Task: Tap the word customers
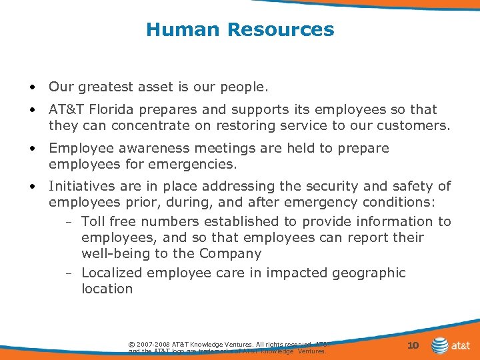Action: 411,125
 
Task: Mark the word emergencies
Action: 199,164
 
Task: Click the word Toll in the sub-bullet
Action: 93,221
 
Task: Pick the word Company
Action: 234,254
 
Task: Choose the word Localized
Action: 111,273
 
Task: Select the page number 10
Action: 413,345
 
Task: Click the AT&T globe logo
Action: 440,345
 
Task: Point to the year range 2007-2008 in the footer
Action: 152,344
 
